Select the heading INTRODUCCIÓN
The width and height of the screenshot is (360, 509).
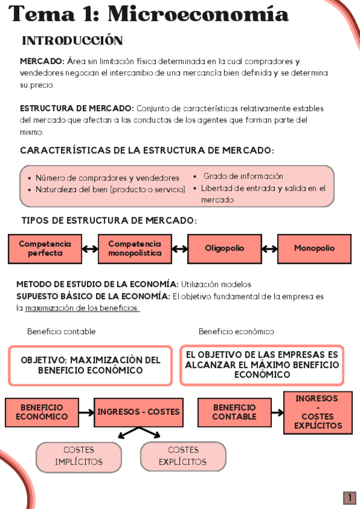[x=72, y=41]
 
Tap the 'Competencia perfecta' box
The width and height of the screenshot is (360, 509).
[x=44, y=248]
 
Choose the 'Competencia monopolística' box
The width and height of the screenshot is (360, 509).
[x=134, y=248]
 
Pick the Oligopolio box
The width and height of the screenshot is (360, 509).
[x=224, y=248]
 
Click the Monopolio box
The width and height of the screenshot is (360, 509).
[x=314, y=248]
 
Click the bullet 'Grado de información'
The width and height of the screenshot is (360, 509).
[x=243, y=176]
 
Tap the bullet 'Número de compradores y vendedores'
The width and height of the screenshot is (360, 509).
[x=107, y=178]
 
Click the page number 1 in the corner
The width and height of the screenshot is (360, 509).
[x=349, y=498]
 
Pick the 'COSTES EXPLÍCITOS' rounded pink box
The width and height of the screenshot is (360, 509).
[x=183, y=456]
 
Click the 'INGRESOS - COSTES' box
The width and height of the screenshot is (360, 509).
[x=139, y=412]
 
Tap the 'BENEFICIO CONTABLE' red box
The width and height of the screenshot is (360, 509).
[x=234, y=412]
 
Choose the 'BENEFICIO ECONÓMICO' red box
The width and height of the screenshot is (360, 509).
[x=41, y=412]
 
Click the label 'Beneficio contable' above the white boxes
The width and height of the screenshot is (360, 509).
[x=61, y=332]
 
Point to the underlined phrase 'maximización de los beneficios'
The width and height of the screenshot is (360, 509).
[x=82, y=309]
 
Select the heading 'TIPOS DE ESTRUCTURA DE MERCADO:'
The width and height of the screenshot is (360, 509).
[x=109, y=221]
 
